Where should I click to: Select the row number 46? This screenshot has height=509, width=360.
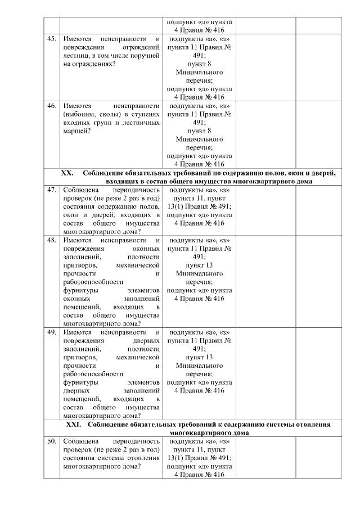coord(51,105)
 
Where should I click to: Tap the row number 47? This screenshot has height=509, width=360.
coord(51,190)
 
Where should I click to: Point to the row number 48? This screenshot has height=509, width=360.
coord(51,240)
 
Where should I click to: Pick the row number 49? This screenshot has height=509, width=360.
coord(51,332)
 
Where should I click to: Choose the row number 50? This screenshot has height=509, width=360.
coord(51,442)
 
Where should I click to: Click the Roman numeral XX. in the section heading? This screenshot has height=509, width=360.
coord(67,173)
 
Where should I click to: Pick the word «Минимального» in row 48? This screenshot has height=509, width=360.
coord(199,274)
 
